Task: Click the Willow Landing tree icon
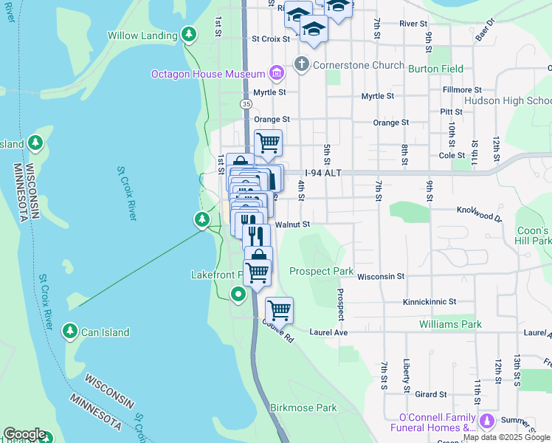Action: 190,35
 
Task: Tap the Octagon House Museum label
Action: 208,74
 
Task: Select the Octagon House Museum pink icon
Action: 277,72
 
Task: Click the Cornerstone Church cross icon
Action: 301,64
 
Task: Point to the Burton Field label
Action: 435,69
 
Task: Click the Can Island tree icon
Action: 71,332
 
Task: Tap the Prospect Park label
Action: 322,271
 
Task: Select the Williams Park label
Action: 450,324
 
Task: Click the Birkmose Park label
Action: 303,408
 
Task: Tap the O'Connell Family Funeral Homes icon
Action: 486,421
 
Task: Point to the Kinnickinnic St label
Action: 429,302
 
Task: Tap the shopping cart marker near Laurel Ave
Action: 280,311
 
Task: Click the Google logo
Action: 24,434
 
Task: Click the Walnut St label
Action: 291,224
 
